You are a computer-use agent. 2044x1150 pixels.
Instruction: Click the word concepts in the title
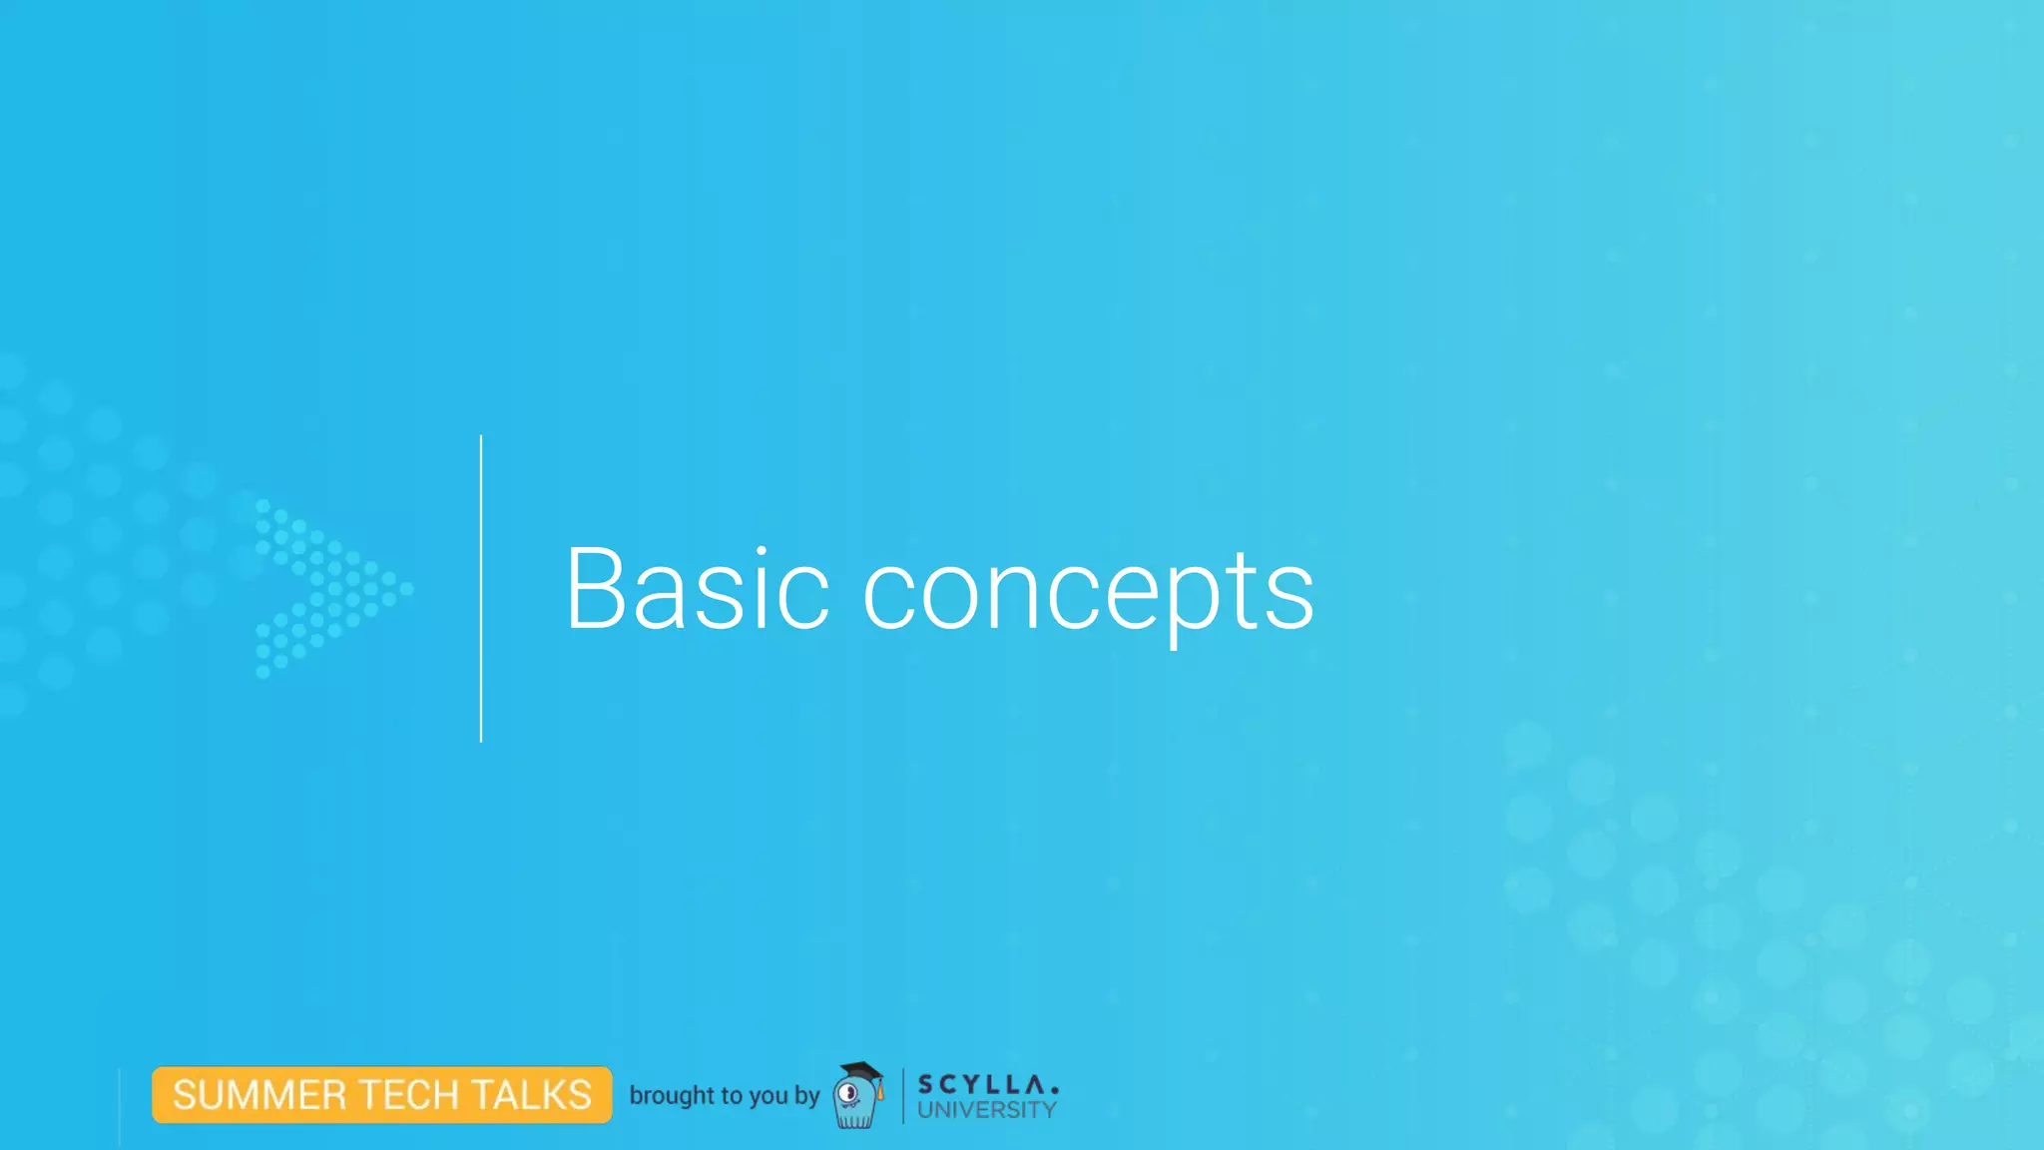point(1088,593)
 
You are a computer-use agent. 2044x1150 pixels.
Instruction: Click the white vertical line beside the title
point(481,589)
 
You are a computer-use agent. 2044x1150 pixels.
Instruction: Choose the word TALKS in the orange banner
point(531,1095)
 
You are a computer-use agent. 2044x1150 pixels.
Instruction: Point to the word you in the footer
point(767,1096)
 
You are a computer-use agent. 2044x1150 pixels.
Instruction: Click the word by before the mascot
point(806,1096)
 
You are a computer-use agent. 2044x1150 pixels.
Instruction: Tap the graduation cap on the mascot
point(860,1072)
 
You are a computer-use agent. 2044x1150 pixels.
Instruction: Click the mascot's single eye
point(849,1094)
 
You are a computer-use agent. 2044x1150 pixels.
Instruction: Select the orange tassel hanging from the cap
point(880,1091)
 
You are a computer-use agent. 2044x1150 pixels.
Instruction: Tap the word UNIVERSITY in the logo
point(986,1110)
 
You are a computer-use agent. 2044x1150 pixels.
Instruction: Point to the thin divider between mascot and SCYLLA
point(903,1095)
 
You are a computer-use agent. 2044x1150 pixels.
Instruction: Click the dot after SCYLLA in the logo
point(1055,1090)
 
